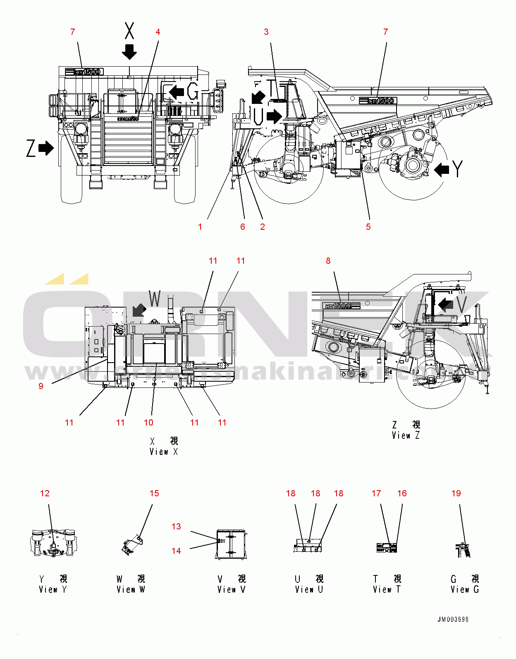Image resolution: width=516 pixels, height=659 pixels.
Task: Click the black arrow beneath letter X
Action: pos(129,51)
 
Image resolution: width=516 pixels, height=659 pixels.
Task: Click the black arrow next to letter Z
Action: pos(46,148)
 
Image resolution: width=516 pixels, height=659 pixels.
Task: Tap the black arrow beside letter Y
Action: pos(442,169)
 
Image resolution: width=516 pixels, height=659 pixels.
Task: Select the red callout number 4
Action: pos(158,32)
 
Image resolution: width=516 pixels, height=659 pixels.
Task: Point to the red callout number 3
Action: pos(266,32)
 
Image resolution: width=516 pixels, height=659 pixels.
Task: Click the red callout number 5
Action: pos(368,226)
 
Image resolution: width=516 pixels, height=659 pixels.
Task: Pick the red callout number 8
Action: pos(328,261)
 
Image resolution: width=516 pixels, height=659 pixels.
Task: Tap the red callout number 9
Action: pos(41,386)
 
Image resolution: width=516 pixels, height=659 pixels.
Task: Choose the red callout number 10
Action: pos(148,423)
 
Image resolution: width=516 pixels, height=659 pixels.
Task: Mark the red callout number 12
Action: pos(45,493)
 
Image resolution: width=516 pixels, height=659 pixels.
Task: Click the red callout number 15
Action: pos(154,493)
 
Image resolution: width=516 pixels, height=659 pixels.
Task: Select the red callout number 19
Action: pos(456,493)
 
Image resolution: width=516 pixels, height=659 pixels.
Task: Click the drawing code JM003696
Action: pos(453,620)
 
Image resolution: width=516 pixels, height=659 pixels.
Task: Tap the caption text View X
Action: pos(164,452)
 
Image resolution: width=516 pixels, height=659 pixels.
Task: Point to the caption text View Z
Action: pos(406,435)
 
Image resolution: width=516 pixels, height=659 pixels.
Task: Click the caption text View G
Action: pos(465,589)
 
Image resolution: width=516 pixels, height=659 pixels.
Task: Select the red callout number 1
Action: pos(200,227)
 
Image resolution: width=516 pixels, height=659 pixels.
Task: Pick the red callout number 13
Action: pos(176,527)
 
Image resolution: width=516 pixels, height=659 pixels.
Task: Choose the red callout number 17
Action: pos(376,493)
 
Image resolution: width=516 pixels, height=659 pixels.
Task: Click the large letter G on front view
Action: pos(193,91)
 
